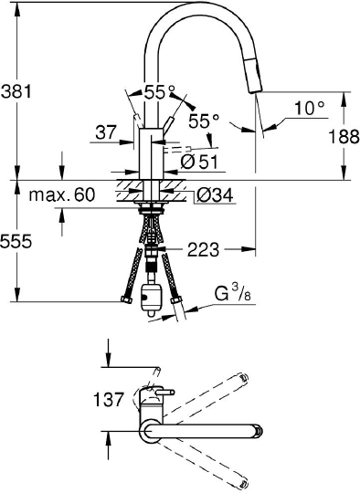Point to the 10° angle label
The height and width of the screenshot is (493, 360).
click(309, 108)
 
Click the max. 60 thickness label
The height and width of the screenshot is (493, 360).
click(62, 194)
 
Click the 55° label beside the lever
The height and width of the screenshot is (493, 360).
click(203, 120)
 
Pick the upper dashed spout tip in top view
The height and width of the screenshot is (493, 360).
click(242, 379)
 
